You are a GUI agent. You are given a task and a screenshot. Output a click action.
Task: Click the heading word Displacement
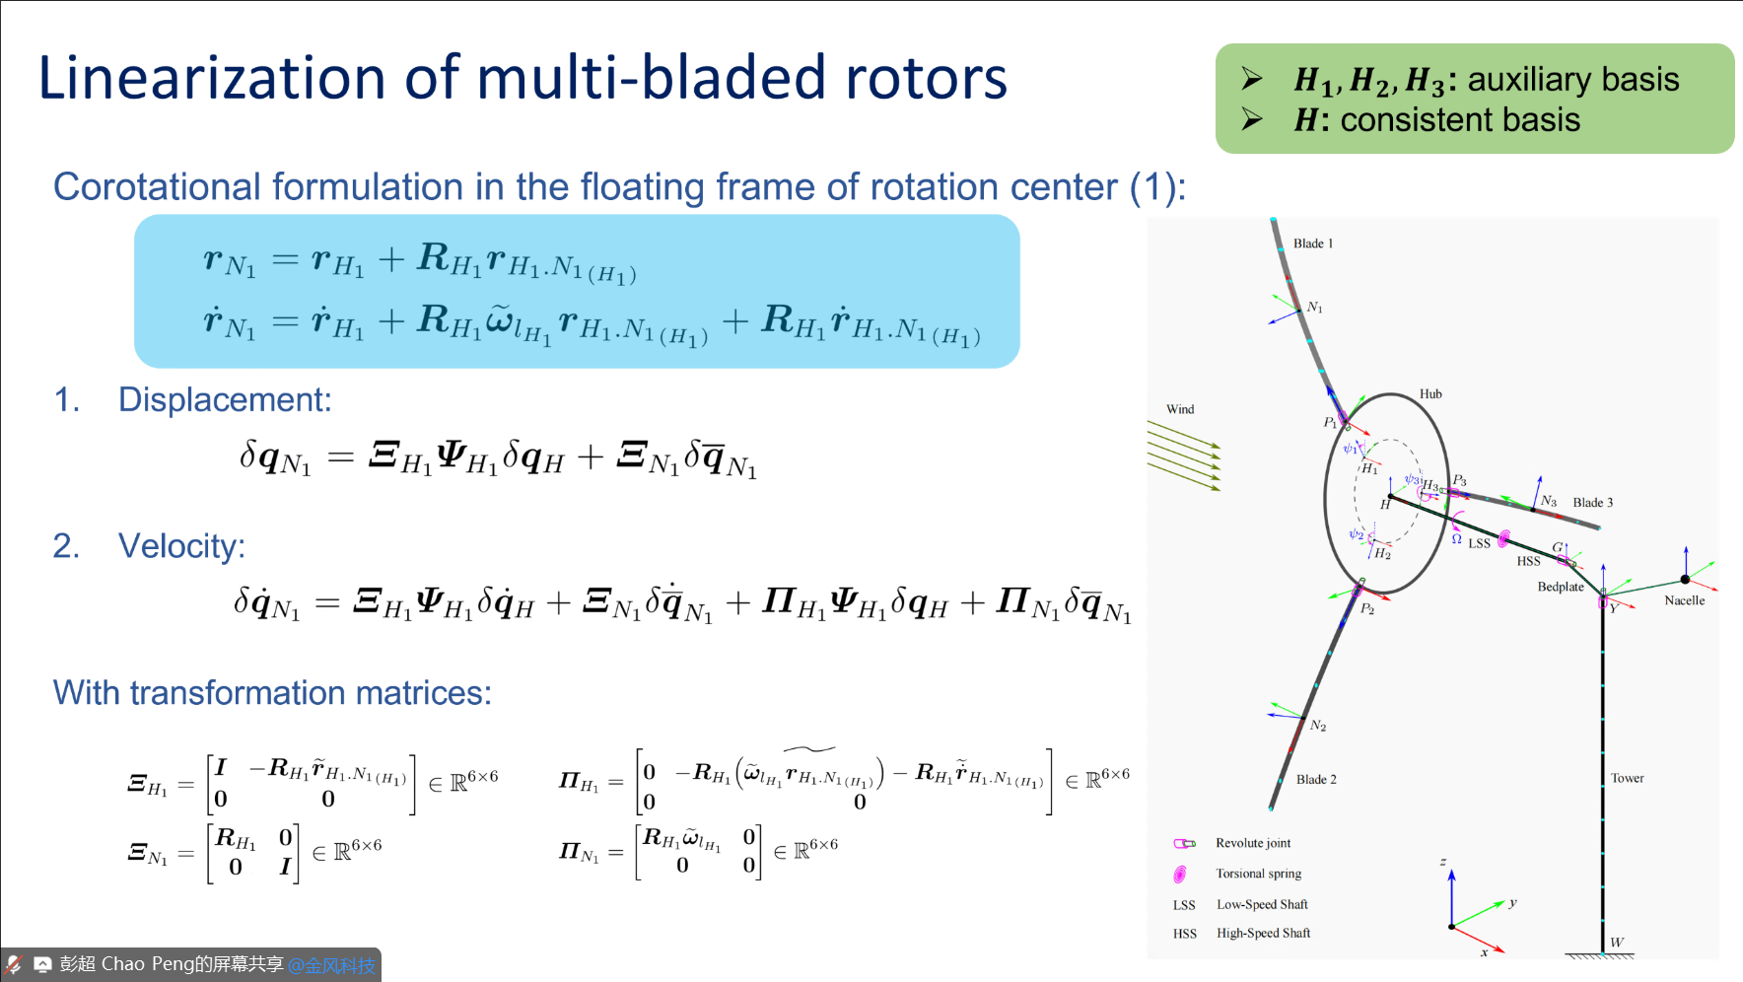coord(225,399)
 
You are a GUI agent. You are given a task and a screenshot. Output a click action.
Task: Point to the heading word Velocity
coord(181,546)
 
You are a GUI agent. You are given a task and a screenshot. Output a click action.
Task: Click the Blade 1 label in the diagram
coord(1312,244)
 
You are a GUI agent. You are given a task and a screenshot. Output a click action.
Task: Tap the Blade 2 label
coord(1316,779)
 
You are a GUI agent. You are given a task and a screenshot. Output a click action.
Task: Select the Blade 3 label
coord(1592,503)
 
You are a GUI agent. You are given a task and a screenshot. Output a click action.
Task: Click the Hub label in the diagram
coord(1430,394)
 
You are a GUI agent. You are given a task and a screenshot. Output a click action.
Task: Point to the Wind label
coord(1180,409)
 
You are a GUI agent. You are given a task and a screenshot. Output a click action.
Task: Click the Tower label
coord(1627,778)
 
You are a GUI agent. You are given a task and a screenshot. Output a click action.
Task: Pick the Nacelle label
coord(1684,600)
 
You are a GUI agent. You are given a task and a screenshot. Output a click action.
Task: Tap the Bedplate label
coord(1561,587)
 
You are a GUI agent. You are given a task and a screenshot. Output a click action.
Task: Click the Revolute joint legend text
coord(1252,843)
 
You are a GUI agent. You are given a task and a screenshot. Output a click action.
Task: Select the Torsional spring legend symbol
coord(1180,874)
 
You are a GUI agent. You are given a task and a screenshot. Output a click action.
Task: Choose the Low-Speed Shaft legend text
coord(1262,904)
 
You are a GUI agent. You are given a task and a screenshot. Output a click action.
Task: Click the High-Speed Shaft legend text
coord(1263,933)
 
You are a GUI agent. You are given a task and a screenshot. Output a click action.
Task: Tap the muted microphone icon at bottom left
coord(14,964)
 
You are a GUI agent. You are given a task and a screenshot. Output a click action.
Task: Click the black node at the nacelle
coord(1685,580)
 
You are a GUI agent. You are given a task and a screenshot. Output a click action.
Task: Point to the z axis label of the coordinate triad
coord(1442,863)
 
